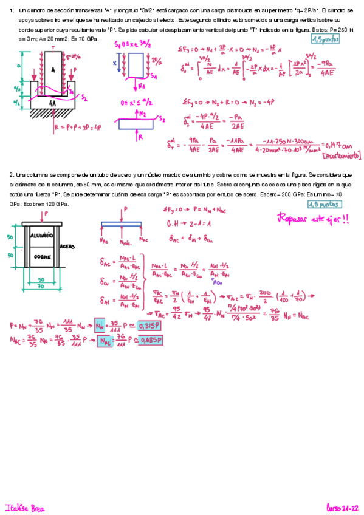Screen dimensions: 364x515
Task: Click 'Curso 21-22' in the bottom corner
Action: (342, 507)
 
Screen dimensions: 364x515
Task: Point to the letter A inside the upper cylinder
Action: (53, 69)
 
